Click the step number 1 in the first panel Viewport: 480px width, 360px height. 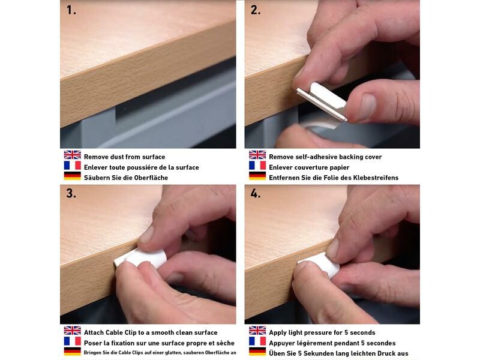[71, 10]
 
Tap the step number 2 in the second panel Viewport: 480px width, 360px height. [256, 10]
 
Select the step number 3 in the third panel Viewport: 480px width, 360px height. [71, 193]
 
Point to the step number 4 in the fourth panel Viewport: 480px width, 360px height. [256, 193]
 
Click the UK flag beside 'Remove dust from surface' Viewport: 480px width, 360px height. [72, 155]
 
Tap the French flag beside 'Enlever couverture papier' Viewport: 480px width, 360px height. [257, 166]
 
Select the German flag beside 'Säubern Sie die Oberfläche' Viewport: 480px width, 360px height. [72, 176]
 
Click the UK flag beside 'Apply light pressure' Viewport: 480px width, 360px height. [257, 331]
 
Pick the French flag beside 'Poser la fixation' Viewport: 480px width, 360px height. [72, 341]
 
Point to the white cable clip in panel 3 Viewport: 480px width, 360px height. [140, 258]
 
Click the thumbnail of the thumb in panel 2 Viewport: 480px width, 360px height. [367, 107]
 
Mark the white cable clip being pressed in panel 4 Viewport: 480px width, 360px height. [320, 263]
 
